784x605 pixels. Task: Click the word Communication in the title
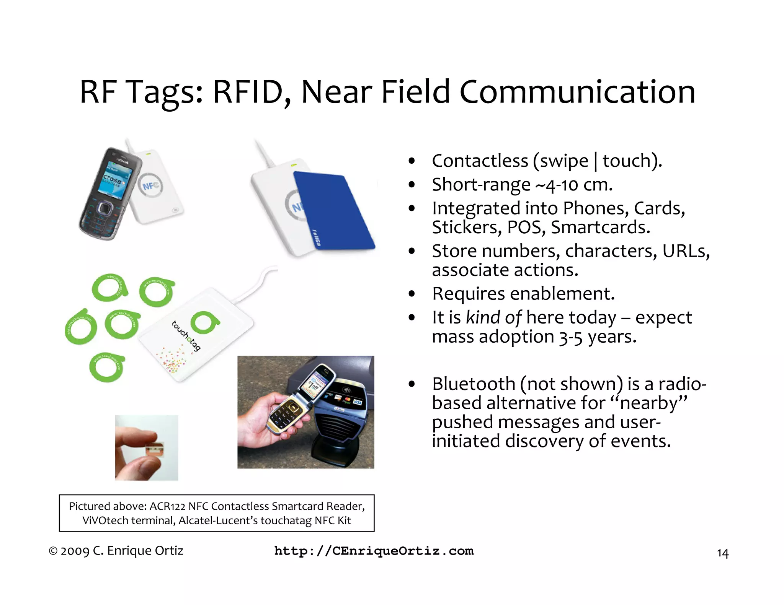tap(577, 92)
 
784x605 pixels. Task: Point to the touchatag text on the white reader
tap(186, 335)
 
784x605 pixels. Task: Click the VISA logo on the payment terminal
tap(358, 402)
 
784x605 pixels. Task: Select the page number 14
tap(722, 553)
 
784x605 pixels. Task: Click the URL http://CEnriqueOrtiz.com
tap(374, 551)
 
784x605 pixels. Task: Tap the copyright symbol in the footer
tap(53, 551)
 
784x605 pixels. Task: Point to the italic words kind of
tap(493, 317)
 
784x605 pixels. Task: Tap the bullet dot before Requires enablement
tap(412, 294)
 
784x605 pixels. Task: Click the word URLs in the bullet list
tap(686, 251)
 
